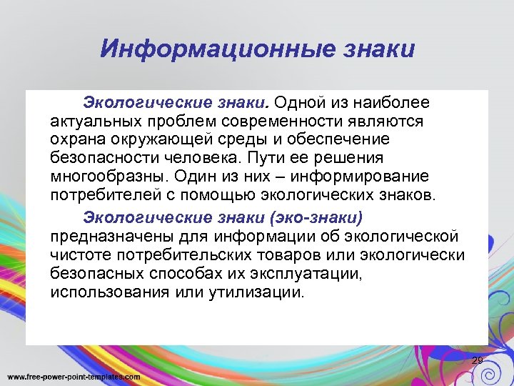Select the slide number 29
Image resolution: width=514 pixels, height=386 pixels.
coord(478,360)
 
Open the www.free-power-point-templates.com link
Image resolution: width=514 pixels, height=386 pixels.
coord(74,377)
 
